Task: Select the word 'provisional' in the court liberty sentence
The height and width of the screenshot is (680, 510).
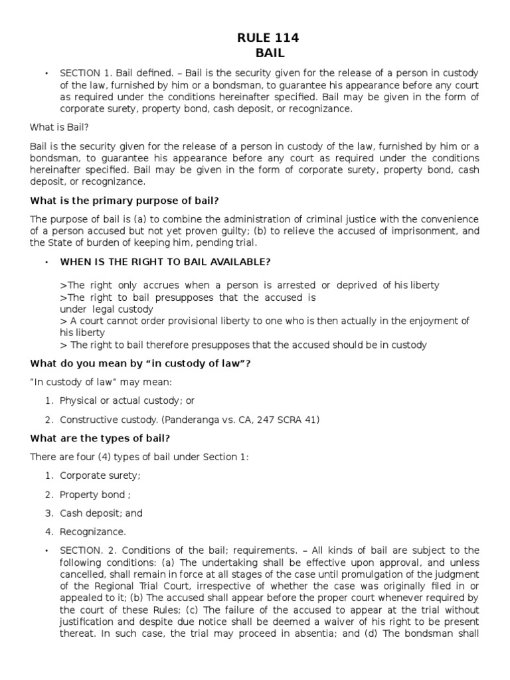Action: click(168, 321)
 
